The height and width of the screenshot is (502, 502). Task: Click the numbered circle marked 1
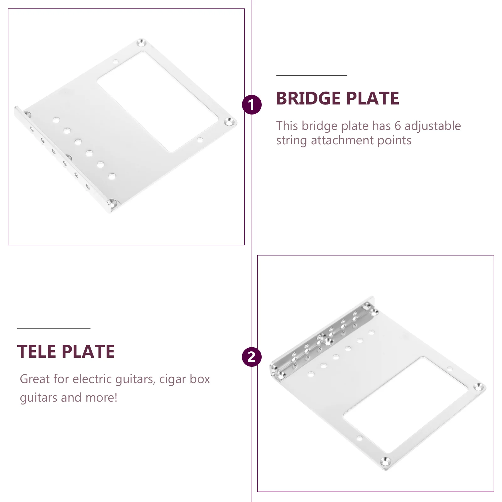point(252,104)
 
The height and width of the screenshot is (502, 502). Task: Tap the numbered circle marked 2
point(252,357)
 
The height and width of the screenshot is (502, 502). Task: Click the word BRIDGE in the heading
point(308,99)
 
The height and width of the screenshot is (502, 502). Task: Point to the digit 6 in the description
point(398,126)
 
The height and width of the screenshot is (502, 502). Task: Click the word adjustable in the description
point(433,126)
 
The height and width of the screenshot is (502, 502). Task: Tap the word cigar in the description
point(173,379)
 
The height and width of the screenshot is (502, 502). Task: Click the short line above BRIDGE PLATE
point(312,76)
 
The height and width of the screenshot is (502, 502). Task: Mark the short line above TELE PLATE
point(54,328)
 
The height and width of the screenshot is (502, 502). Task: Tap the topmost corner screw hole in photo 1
point(141,42)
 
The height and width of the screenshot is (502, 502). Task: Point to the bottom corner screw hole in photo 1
point(112,203)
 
